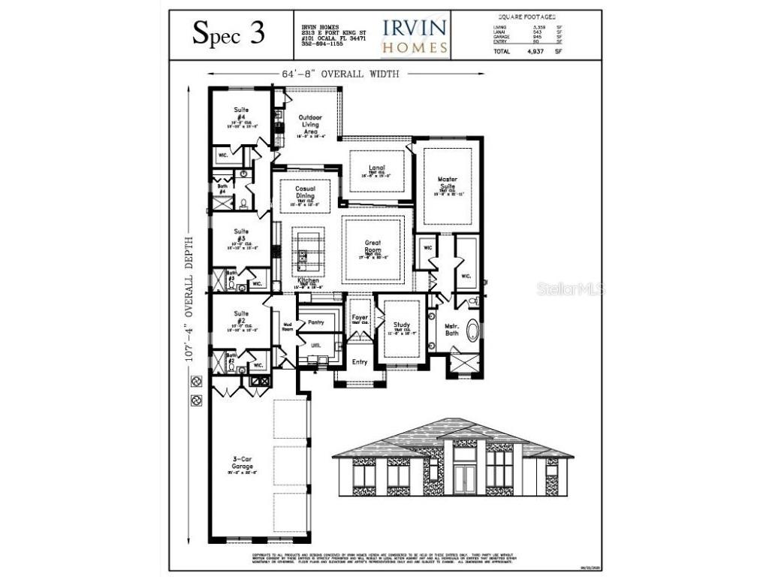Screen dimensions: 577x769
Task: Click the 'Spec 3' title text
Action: [229, 34]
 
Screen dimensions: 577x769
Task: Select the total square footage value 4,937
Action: [535, 52]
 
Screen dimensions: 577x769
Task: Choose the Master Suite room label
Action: [447, 183]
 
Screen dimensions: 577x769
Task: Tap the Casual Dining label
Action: [305, 193]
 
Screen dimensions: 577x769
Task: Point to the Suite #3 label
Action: [241, 235]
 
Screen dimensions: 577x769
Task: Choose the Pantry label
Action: [315, 322]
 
